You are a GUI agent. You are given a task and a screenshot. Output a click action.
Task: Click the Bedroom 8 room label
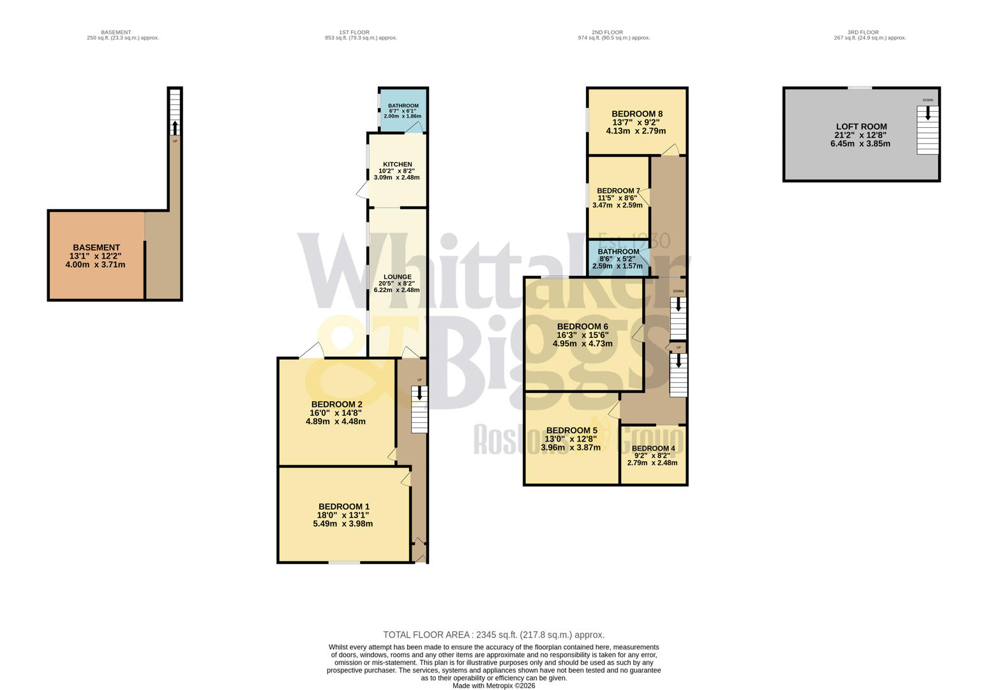(x=636, y=114)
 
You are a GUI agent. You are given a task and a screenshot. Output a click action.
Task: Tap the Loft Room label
(x=861, y=126)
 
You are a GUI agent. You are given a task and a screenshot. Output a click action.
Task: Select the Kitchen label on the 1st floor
(x=397, y=164)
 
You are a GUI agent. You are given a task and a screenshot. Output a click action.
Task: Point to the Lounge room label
(x=397, y=277)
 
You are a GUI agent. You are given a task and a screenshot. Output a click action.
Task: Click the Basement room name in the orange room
(x=96, y=247)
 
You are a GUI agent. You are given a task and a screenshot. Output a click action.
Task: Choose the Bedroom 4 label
(x=653, y=448)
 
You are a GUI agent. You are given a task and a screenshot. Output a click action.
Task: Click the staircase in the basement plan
(x=174, y=112)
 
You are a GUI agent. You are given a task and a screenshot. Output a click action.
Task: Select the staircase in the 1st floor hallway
(x=419, y=409)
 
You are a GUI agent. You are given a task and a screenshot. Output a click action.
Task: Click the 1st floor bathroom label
(x=403, y=105)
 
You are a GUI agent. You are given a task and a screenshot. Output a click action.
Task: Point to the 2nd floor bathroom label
(x=618, y=252)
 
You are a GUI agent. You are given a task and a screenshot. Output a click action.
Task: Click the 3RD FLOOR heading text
(x=863, y=32)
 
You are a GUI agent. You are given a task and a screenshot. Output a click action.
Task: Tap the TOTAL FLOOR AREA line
(x=493, y=634)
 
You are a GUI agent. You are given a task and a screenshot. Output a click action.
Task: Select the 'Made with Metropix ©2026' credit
(x=493, y=686)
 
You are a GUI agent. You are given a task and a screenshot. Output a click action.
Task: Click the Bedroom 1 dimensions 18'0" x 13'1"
(x=343, y=515)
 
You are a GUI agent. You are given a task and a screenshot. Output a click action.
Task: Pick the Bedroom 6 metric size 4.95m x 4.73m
(x=582, y=343)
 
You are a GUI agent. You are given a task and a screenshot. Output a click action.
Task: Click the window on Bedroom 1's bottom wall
(x=344, y=562)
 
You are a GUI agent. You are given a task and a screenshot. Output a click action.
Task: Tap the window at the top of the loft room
(x=859, y=88)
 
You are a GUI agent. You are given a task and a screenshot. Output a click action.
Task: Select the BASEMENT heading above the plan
(x=116, y=32)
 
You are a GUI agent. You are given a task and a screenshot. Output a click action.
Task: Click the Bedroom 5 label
(x=571, y=430)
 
